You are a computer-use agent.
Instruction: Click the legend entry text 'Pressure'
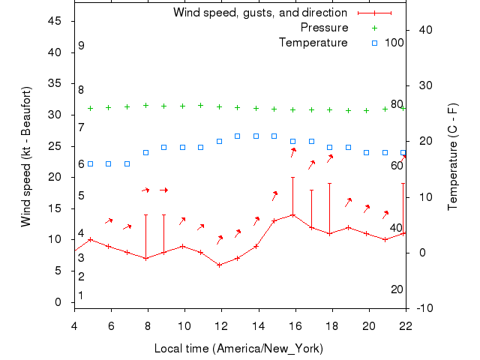[324, 28]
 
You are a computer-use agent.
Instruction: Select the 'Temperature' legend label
[313, 42]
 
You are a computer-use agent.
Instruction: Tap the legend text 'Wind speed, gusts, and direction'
[259, 13]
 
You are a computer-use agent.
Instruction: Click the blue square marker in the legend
[375, 43]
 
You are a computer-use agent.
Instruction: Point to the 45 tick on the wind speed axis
[55, 21]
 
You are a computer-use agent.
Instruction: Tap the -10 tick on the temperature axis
[423, 308]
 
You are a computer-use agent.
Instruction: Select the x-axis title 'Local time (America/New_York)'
[238, 348]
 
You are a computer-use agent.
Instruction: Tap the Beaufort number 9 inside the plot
[81, 46]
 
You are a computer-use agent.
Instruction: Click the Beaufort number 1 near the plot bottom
[81, 295]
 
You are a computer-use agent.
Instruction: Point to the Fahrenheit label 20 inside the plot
[397, 289]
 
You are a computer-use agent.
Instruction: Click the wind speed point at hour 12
[219, 265]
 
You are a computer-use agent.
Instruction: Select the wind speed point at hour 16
[292, 215]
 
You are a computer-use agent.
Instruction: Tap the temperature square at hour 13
[238, 136]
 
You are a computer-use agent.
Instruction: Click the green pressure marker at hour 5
[91, 108]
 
